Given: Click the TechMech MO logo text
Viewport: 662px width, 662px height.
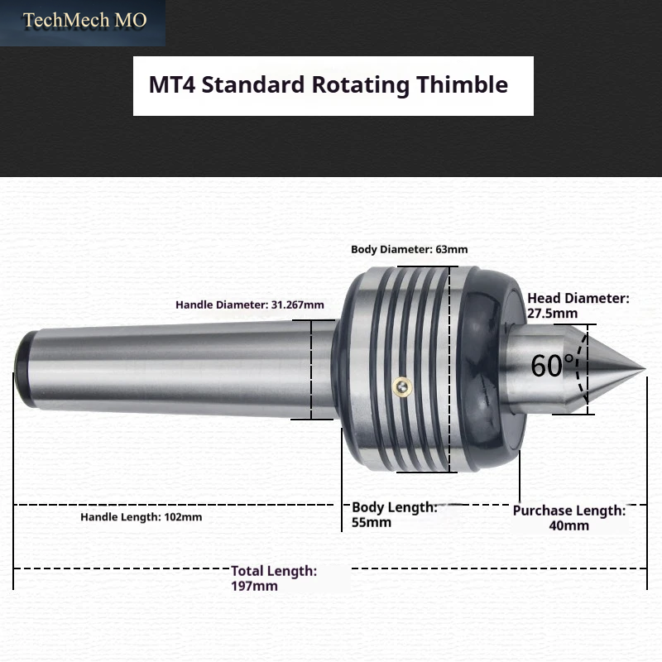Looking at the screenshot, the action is (x=84, y=20).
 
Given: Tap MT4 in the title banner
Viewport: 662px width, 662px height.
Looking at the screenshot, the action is (x=172, y=84).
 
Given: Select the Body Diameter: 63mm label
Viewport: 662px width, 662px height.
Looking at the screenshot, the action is (x=409, y=249).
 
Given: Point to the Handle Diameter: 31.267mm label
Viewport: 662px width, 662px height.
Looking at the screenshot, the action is (x=250, y=305).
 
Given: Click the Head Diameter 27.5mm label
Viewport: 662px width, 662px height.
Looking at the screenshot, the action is (x=578, y=305).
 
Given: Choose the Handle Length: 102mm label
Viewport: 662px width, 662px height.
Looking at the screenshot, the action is (x=141, y=516).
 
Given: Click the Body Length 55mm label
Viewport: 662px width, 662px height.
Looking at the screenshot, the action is (x=395, y=515).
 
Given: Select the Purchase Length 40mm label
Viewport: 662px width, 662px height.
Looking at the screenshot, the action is (x=569, y=518).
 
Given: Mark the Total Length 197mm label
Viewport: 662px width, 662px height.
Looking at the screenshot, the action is (x=274, y=578).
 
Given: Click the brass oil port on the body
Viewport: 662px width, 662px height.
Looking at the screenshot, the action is (x=403, y=386).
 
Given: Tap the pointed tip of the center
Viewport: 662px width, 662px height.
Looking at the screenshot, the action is (x=645, y=369).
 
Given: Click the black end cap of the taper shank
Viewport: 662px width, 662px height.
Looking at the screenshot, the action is (x=24, y=369).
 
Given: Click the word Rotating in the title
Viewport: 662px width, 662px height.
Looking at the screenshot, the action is (x=360, y=85).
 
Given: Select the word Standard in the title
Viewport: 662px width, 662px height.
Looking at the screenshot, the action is (x=253, y=84).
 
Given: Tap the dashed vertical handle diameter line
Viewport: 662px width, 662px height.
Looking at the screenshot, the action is (x=311, y=369).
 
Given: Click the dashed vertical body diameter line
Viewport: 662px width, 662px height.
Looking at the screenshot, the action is (x=449, y=369).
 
